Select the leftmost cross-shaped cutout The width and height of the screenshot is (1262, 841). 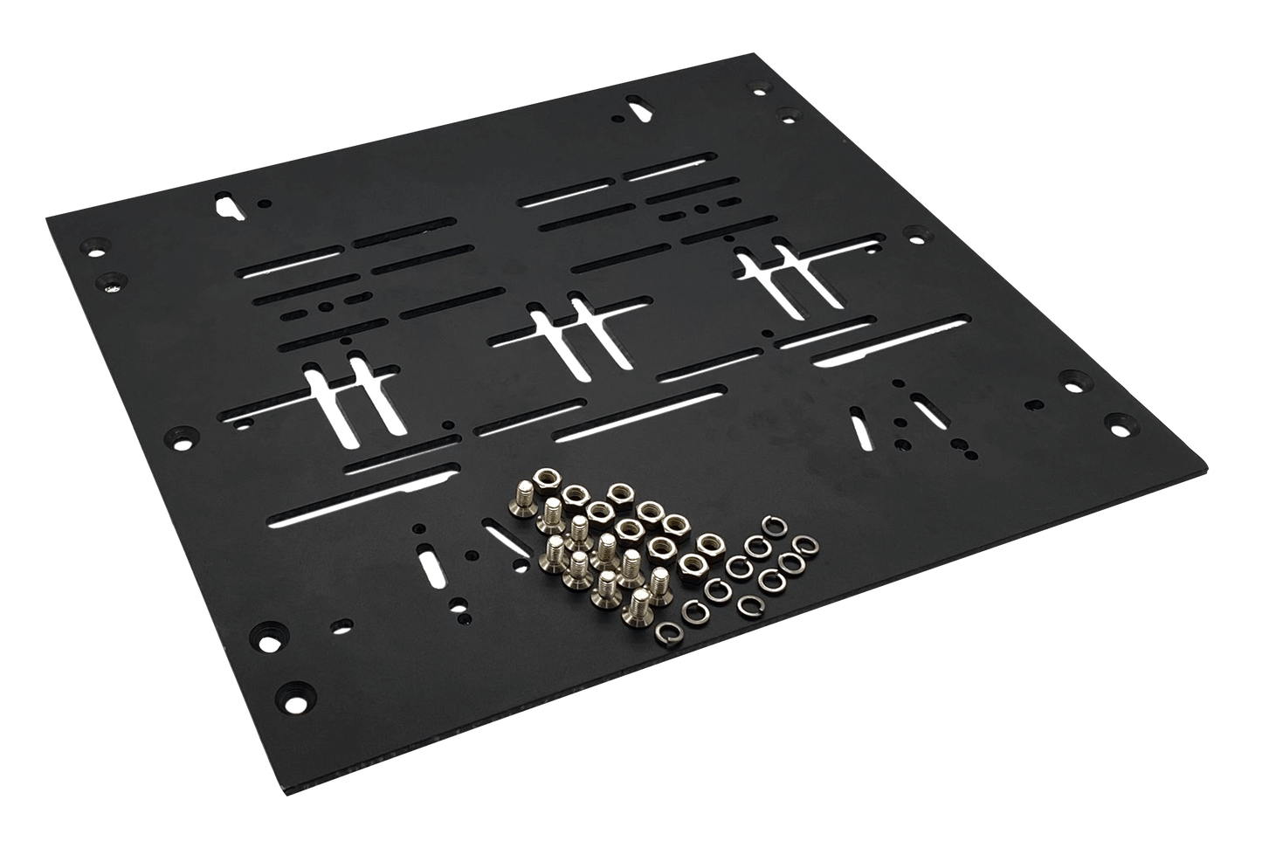pyautogui.click(x=349, y=398)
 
